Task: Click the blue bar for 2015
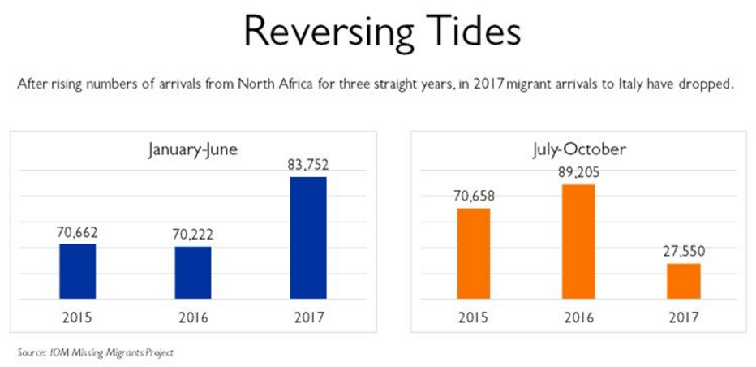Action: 78,272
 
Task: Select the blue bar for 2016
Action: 193,274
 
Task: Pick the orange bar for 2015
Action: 475,254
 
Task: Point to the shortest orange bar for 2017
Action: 683,281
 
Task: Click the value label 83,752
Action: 308,165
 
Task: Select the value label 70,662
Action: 77,231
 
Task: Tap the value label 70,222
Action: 193,235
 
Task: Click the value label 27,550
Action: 683,251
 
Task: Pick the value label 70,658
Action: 474,196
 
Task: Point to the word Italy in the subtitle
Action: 599,84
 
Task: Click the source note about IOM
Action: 96,352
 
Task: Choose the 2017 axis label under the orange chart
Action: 683,317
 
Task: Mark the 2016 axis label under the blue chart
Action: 193,317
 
